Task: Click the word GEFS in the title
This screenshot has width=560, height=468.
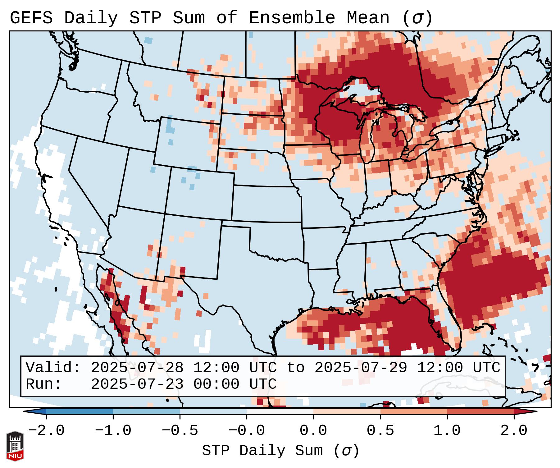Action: (31, 18)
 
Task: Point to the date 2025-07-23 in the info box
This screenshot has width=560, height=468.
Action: (137, 384)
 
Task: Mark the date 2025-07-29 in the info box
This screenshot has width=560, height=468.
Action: (361, 368)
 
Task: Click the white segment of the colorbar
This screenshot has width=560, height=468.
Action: (280, 411)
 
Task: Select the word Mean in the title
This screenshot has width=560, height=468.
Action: (368, 18)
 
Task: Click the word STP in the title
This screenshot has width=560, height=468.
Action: (145, 18)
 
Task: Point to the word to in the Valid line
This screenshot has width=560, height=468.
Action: (295, 368)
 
